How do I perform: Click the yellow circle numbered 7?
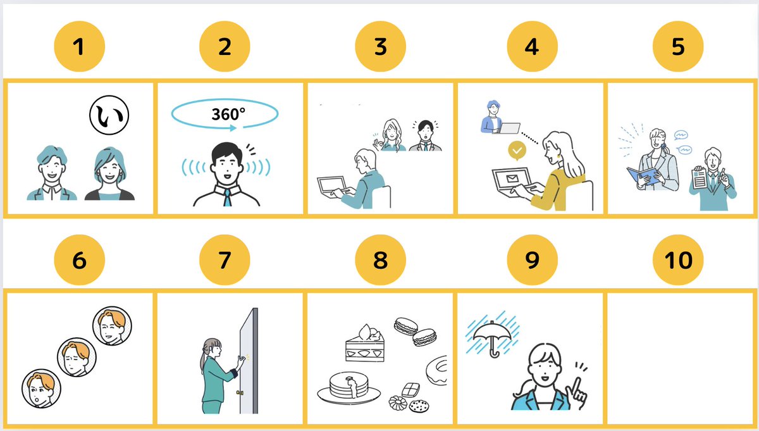coord(225,260)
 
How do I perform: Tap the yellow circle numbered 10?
coord(678,260)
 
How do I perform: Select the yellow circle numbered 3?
coord(379,47)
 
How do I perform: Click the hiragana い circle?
coord(109,116)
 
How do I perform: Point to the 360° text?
coord(228,114)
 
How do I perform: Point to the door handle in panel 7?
coord(239,393)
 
